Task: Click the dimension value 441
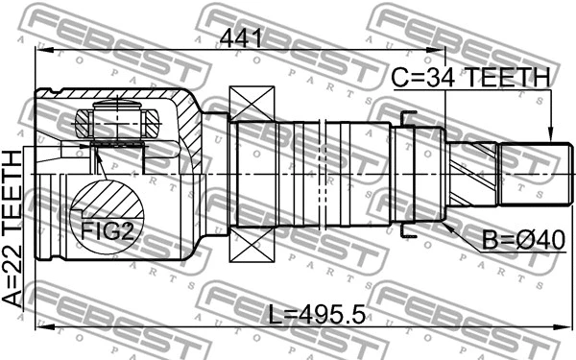click(242, 38)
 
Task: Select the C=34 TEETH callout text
click(469, 78)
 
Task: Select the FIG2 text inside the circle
click(101, 230)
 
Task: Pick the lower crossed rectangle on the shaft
click(252, 241)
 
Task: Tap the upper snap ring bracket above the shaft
click(407, 119)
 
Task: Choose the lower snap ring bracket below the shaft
click(407, 230)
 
